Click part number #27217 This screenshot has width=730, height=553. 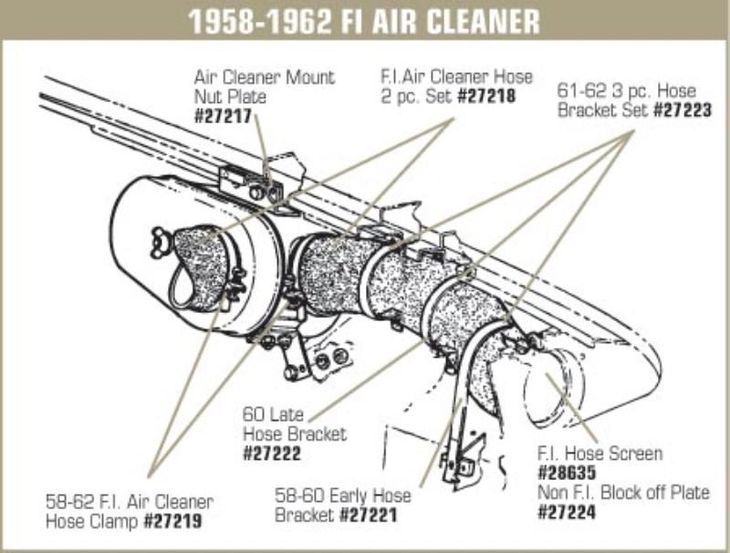click(223, 116)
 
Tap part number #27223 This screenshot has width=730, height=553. click(683, 111)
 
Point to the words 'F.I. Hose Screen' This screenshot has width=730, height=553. click(600, 454)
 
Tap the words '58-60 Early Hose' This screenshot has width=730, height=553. click(342, 496)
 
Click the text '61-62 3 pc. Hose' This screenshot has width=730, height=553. click(626, 91)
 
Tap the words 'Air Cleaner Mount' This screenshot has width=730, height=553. click(264, 77)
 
